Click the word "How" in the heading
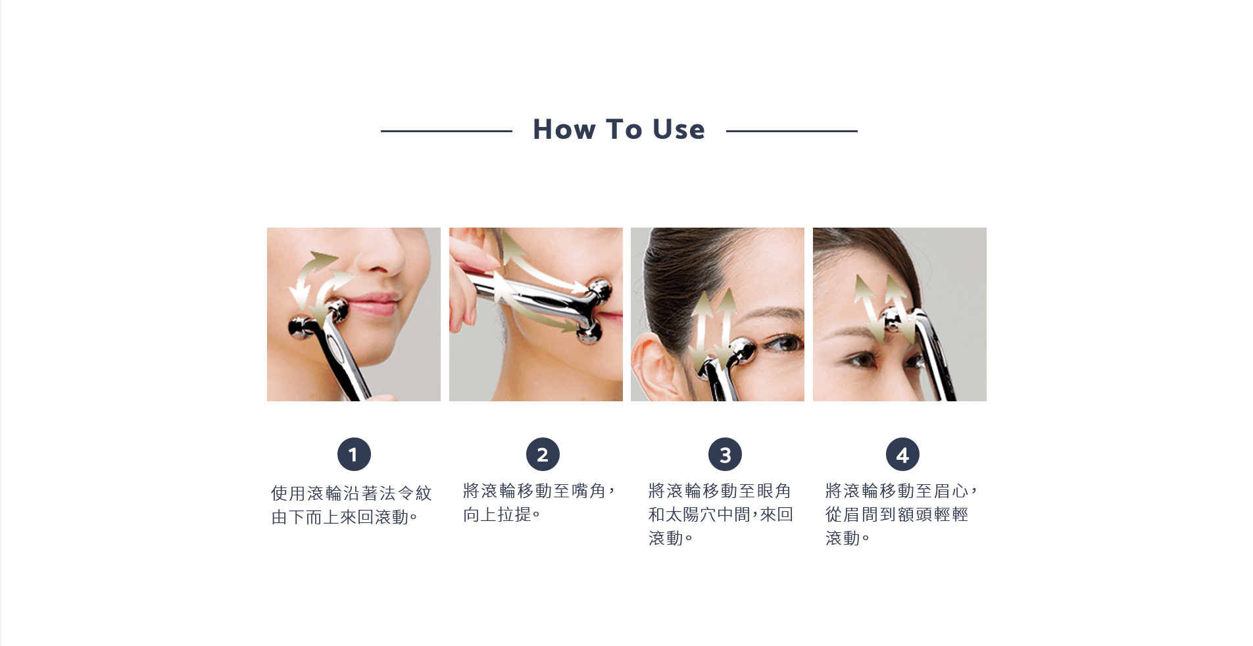[564, 129]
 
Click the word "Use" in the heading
[679, 129]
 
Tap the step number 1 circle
[354, 455]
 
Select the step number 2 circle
[543, 455]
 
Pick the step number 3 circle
[725, 455]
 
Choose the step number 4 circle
[902, 455]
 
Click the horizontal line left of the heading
[447, 131]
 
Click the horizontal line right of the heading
[792, 131]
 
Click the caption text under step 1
[351, 505]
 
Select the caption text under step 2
[539, 503]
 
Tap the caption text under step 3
[721, 514]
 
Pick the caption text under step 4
[901, 514]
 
